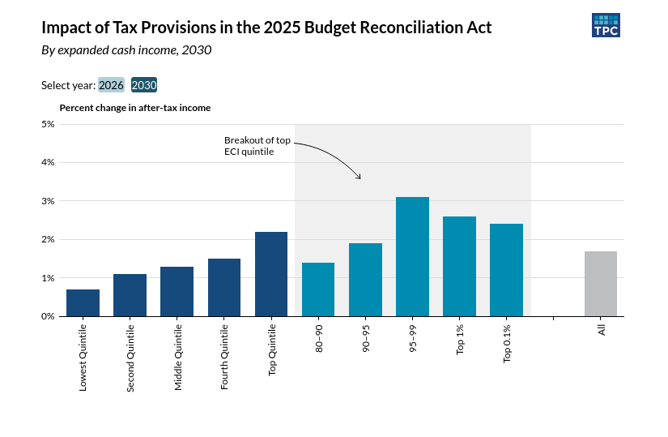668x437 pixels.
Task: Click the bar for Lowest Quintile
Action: coord(83,302)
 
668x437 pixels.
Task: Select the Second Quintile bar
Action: coord(130,295)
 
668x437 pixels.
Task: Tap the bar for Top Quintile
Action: coord(271,274)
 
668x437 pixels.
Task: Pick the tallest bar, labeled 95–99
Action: coord(412,256)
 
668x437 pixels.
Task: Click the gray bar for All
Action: coord(601,284)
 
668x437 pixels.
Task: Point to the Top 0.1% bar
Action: coord(506,270)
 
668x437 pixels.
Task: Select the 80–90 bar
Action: coord(318,289)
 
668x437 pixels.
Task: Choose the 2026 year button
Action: coord(111,85)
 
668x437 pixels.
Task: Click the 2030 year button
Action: coord(144,85)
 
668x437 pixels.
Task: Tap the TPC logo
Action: coord(606,25)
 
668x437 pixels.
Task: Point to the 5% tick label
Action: coord(48,124)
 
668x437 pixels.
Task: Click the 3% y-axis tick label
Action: coord(48,201)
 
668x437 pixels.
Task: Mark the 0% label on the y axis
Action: coord(48,316)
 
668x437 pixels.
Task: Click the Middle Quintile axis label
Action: coord(179,357)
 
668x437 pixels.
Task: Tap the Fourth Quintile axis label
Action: coord(225,356)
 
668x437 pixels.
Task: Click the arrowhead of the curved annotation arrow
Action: coord(359,177)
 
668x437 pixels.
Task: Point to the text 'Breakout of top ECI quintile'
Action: coord(257,146)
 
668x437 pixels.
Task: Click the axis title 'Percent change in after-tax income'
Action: coord(135,108)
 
